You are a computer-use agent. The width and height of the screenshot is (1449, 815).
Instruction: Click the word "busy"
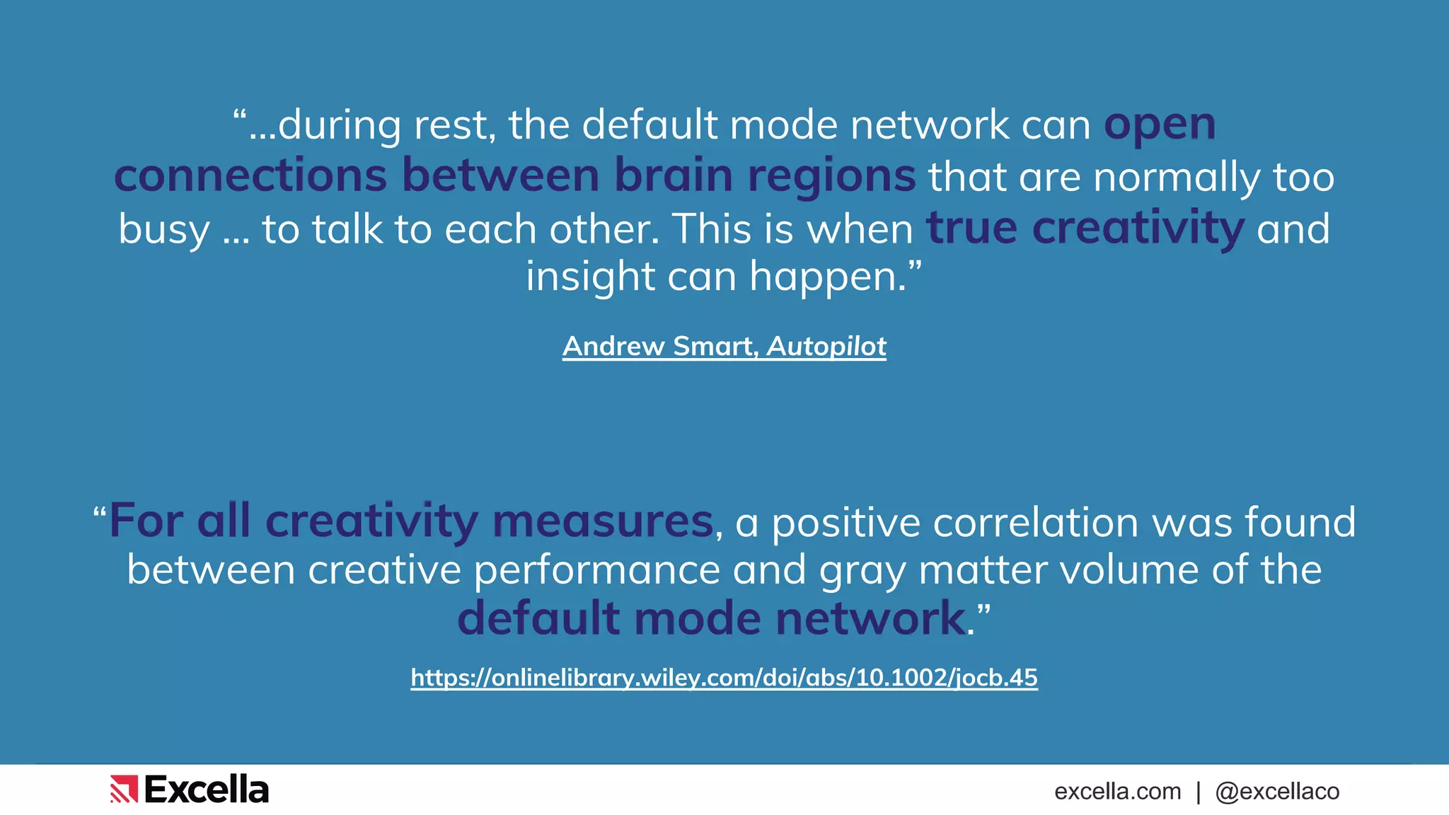[164, 230]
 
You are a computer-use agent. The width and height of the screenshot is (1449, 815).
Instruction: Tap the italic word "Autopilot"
[826, 346]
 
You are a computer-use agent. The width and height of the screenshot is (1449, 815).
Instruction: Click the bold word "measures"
[603, 521]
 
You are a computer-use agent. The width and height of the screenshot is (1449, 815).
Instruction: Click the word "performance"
[597, 570]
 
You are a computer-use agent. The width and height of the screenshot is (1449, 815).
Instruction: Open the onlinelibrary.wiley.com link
[724, 678]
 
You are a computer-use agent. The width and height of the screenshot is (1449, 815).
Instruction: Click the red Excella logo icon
[124, 790]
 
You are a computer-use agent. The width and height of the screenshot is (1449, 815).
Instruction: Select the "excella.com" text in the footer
[1117, 791]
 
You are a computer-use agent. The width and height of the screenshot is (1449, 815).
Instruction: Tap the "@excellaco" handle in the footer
[1277, 791]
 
